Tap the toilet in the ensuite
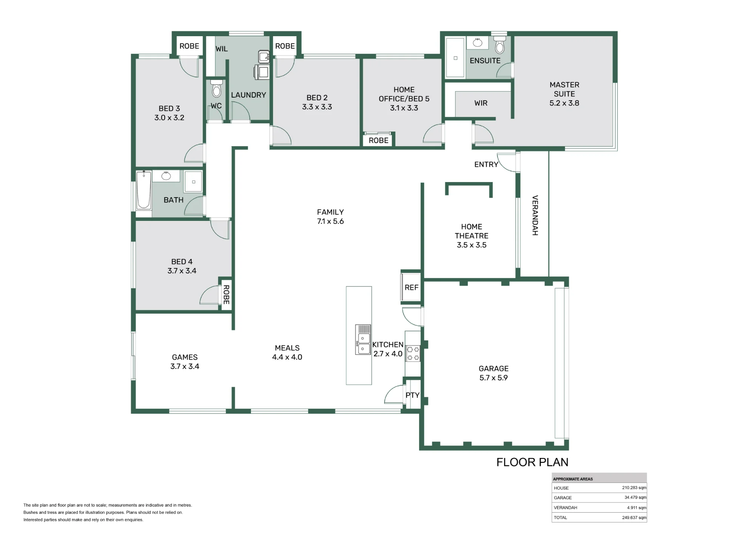pos(500,44)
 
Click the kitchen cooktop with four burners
pos(413,353)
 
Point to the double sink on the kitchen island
pos(363,340)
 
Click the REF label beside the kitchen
pos(411,288)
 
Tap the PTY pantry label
pos(413,395)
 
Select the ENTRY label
pos(486,164)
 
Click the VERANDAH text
pos(535,215)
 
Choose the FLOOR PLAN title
pos(532,462)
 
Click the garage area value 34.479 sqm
pos(635,498)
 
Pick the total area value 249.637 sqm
pos(634,518)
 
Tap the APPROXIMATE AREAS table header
pos(573,479)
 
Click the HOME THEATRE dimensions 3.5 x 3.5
pos(471,245)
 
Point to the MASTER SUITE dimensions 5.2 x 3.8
pos(564,103)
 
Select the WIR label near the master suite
pos(481,103)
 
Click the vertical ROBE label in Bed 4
pos(226,295)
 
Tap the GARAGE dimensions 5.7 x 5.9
pos(493,378)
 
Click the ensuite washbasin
pos(478,42)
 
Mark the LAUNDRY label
pos(248,95)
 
